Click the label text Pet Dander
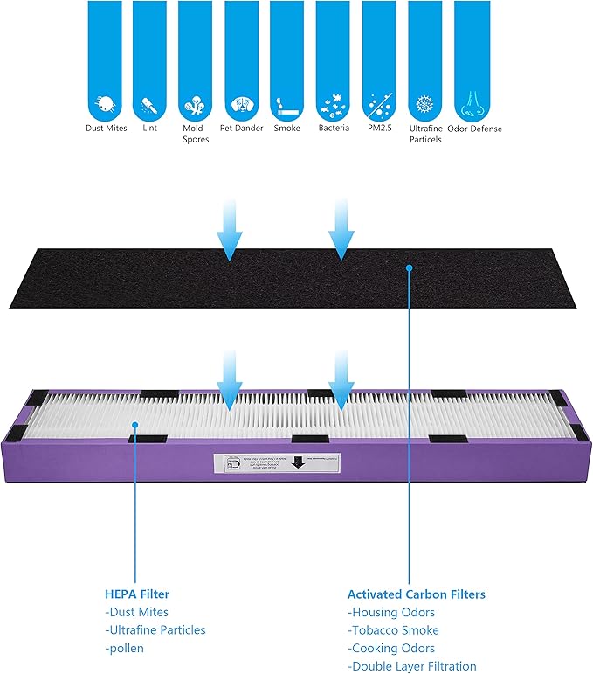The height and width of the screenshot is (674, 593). click(241, 129)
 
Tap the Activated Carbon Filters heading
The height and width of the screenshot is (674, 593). click(416, 594)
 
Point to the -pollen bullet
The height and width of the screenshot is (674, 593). click(125, 648)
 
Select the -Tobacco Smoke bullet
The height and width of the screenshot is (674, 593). click(393, 630)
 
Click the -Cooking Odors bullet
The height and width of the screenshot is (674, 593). click(391, 649)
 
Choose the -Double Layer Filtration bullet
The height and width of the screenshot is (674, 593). click(412, 666)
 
